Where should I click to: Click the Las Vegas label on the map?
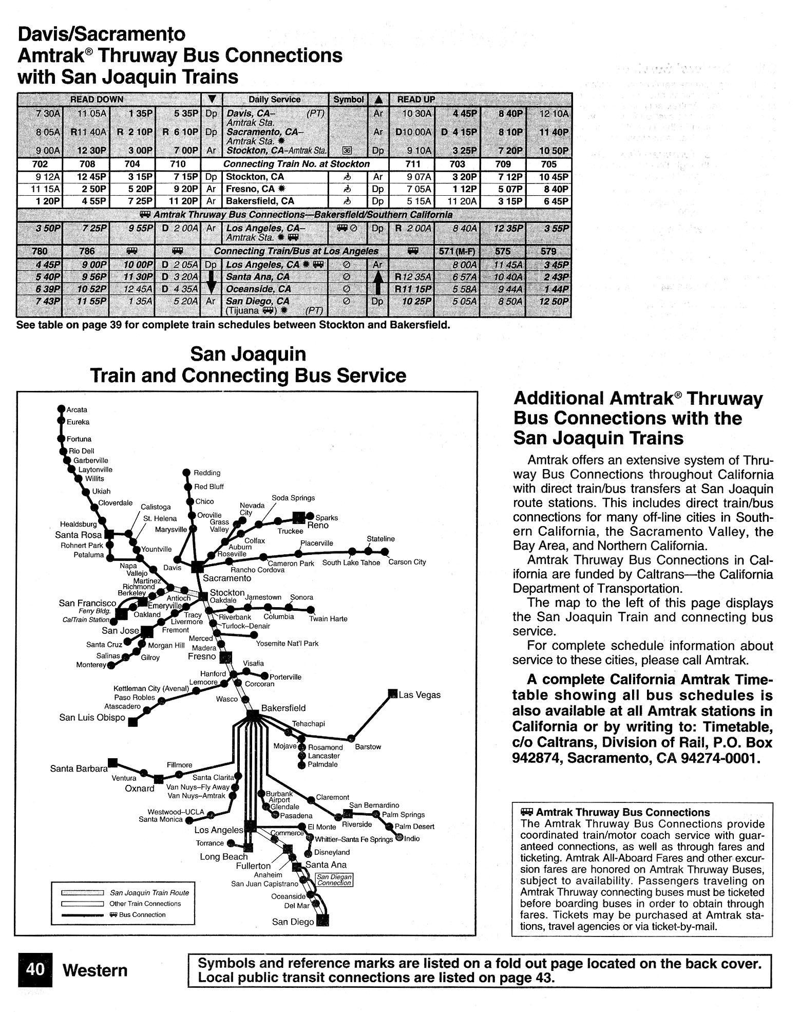(420, 695)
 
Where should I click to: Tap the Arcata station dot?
(61, 409)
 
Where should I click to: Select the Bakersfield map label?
(283, 708)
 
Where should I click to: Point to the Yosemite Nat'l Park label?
(287, 643)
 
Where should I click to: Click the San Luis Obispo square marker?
(133, 722)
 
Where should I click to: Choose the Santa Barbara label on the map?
(79, 769)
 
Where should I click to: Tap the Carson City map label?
(407, 562)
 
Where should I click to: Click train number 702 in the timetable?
(40, 164)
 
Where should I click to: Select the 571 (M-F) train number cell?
(457, 252)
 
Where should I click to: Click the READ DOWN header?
(97, 100)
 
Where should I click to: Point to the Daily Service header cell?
(274, 100)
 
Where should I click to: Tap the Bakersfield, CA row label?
(260, 201)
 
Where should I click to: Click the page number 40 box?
(35, 969)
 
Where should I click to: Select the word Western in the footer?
(94, 970)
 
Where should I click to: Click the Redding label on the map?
(206, 473)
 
